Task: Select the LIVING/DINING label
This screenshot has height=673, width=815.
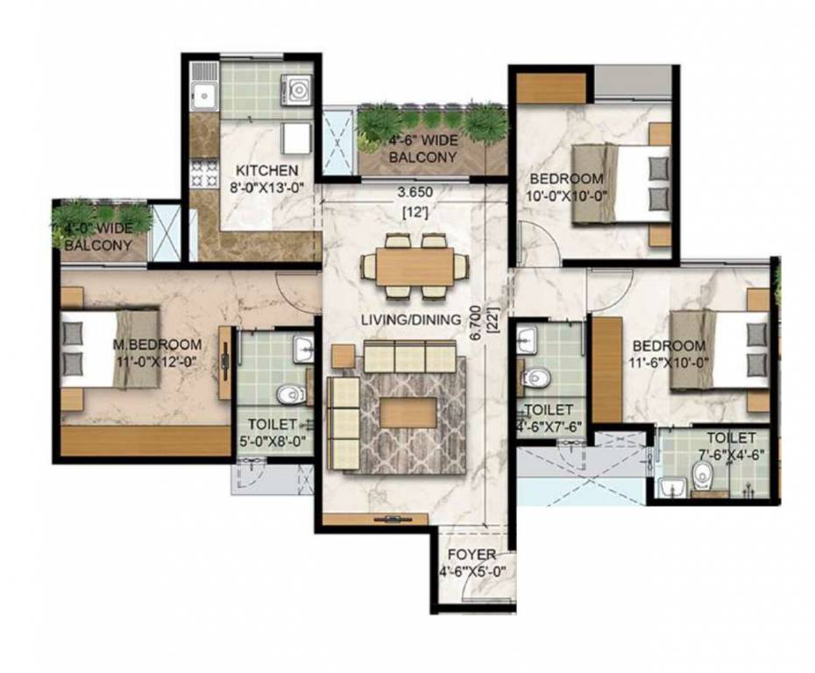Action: pos(411,320)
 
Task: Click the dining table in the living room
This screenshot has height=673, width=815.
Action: pos(416,266)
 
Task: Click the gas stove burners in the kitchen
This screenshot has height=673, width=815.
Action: pos(204,173)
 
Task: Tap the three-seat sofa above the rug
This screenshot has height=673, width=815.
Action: pos(409,357)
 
